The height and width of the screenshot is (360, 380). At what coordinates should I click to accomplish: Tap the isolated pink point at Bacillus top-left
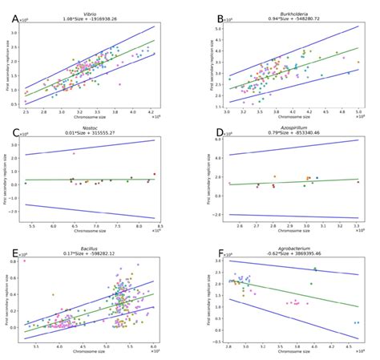point(25,261)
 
